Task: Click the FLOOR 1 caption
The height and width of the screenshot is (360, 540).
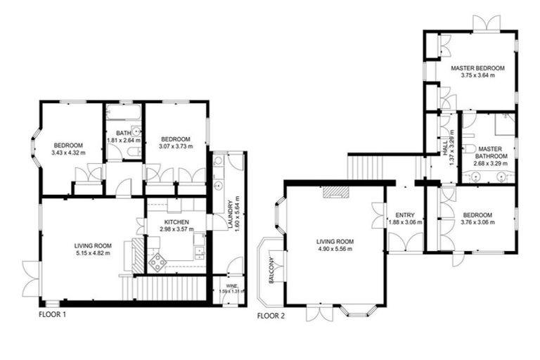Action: tap(52, 315)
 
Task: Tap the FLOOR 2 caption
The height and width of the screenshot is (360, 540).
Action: tap(271, 316)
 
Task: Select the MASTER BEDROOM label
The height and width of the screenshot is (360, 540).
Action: tap(478, 67)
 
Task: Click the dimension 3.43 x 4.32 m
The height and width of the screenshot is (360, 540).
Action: tap(68, 153)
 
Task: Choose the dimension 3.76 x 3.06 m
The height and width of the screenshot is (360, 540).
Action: tap(477, 222)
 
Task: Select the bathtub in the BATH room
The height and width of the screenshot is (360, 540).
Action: tap(124, 112)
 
